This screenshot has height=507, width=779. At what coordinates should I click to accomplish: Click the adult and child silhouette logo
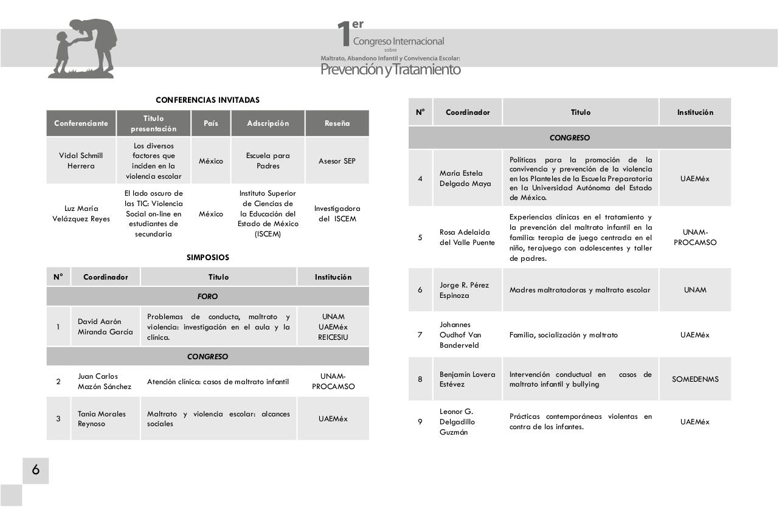point(83,49)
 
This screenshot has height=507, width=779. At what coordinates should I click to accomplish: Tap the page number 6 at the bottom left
point(36,470)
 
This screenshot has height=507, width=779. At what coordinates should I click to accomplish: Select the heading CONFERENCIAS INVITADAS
point(207,100)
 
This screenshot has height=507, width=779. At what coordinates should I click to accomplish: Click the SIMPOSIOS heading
point(207,257)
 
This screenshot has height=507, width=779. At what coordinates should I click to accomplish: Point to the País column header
point(210,123)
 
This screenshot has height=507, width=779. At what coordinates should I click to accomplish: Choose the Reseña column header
point(337,123)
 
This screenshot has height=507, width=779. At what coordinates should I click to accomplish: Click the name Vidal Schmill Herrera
point(81,160)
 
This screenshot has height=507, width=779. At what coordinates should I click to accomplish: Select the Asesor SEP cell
point(337,161)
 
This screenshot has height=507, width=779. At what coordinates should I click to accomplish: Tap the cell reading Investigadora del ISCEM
point(337,213)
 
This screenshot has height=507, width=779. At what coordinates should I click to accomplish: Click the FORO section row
point(207,297)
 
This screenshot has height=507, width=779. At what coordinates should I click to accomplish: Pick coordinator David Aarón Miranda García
point(105,326)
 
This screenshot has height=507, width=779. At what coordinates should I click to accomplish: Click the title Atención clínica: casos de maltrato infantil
point(218,382)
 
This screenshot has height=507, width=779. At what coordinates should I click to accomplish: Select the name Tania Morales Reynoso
point(102,419)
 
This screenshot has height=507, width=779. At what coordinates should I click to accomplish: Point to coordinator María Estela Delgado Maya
point(465,179)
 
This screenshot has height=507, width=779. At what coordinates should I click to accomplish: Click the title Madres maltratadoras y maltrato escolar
point(580,290)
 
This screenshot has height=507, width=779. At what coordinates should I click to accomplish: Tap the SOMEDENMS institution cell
point(695,379)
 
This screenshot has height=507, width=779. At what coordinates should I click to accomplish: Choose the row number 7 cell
point(420,335)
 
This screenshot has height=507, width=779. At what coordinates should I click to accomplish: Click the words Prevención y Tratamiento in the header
point(390,70)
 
